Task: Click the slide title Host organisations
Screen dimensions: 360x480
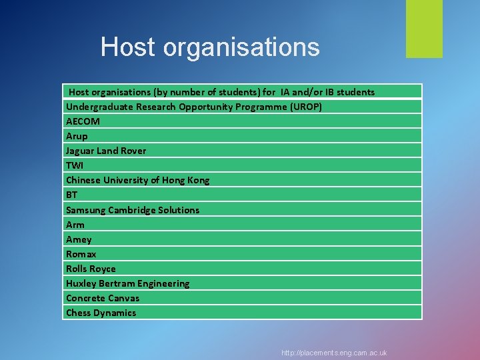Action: click(210, 47)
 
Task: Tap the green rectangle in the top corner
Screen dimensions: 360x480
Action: click(424, 29)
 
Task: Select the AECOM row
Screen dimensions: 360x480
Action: click(83, 121)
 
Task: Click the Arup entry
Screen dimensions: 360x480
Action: click(77, 136)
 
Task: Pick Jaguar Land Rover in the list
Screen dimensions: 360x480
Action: click(106, 151)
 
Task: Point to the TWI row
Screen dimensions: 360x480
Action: click(75, 165)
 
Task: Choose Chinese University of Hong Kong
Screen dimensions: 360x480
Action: click(137, 180)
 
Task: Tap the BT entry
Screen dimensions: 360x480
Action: click(71, 195)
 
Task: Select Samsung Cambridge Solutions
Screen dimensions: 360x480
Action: click(133, 210)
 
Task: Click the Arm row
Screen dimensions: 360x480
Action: click(75, 225)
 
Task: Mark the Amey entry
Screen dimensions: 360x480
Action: click(79, 239)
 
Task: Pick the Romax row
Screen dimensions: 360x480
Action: click(81, 254)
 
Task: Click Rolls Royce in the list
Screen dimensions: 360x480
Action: click(91, 269)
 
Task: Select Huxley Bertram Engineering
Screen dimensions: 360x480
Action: click(127, 283)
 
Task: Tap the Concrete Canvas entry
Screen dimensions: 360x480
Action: click(103, 298)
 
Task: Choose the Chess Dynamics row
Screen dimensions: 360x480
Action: click(101, 313)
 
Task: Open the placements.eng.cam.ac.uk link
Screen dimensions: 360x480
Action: click(334, 353)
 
